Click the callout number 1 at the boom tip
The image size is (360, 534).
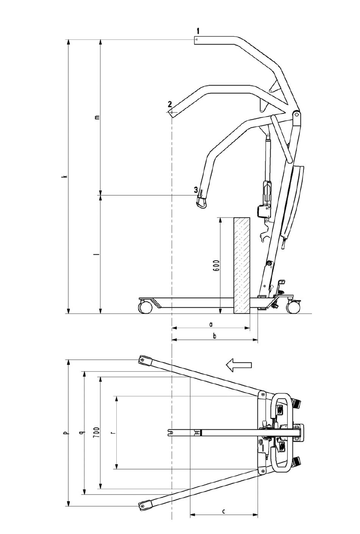coord(198,31)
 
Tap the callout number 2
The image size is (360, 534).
coord(170,104)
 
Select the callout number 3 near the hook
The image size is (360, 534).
coord(196,190)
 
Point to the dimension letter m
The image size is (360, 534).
coord(97,117)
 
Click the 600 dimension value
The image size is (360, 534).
coord(217,265)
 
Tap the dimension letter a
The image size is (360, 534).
coord(211,324)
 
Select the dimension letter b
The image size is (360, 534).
coord(214,336)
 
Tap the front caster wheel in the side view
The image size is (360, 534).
coord(146,307)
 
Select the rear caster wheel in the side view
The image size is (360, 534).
coord(293,307)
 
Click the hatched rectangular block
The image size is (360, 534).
coord(242,265)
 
